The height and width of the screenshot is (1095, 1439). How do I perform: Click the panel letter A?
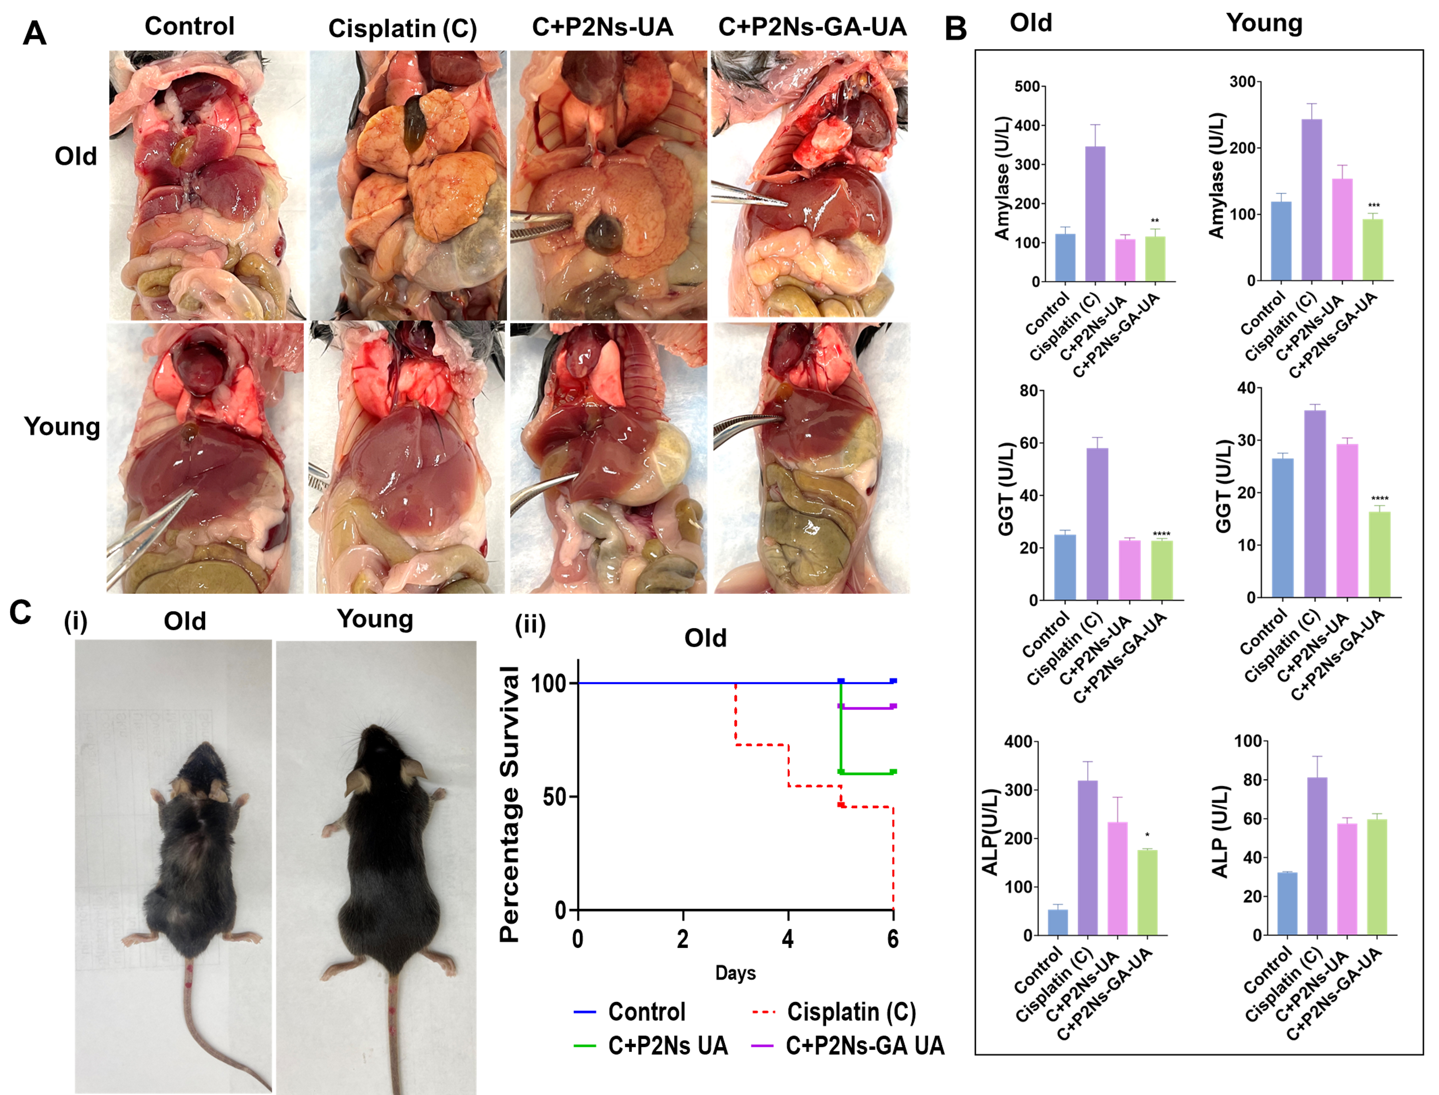point(35,33)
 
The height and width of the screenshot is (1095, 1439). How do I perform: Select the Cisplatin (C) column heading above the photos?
point(402,29)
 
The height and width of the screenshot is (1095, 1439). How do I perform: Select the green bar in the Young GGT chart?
point(1380,554)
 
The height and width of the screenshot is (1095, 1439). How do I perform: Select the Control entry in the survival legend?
point(645,1012)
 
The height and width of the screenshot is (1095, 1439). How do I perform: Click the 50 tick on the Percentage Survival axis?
point(555,797)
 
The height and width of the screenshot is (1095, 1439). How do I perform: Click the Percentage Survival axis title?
point(509,804)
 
